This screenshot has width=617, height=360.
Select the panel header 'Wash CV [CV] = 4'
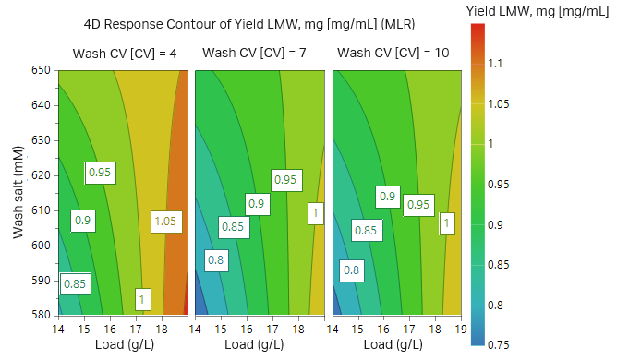[x=125, y=54]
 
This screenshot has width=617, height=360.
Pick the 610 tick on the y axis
[x=43, y=210]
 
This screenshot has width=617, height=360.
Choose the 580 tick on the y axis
[x=43, y=315]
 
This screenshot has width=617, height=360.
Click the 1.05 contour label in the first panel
[x=165, y=222]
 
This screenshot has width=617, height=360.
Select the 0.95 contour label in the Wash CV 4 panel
[x=100, y=172]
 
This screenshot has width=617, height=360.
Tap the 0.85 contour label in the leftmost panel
[x=75, y=284]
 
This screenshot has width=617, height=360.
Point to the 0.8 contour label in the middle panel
[x=215, y=261]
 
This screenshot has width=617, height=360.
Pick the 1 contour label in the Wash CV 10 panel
[x=447, y=222]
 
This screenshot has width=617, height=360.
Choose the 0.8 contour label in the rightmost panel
[x=351, y=270]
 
